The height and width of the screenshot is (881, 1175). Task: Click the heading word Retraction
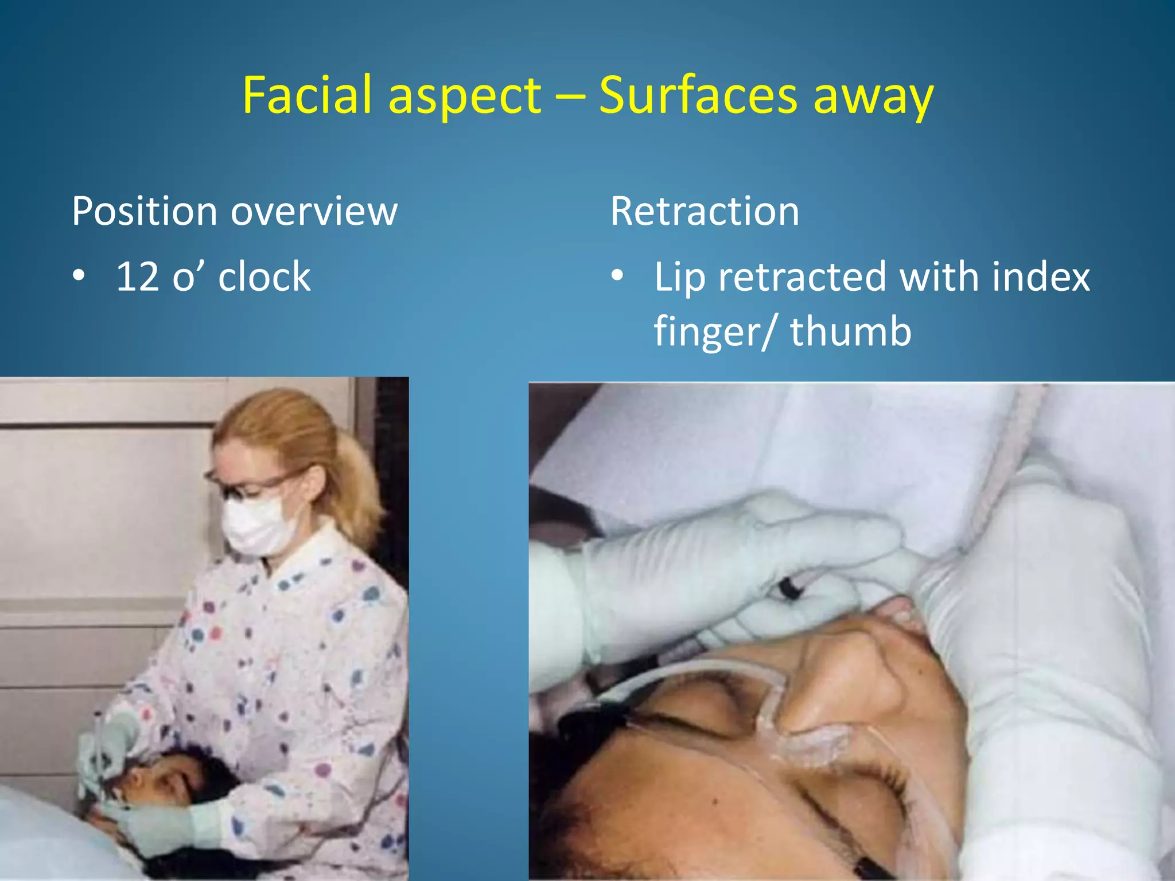coord(704,211)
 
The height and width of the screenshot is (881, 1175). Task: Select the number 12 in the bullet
coord(138,276)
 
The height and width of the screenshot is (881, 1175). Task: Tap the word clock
coord(264,276)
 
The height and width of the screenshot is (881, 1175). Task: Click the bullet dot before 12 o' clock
coord(79,276)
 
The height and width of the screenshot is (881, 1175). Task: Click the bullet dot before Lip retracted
coord(617,276)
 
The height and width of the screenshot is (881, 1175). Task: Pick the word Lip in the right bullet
coord(679,278)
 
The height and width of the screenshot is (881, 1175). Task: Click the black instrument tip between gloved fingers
coord(790,589)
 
